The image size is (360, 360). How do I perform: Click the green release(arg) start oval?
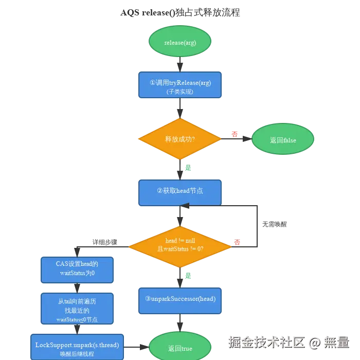(x=179, y=42)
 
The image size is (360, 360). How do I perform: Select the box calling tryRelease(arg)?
(x=179, y=85)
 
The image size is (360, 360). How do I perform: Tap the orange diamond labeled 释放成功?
(x=179, y=139)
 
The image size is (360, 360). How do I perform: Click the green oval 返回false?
(x=282, y=140)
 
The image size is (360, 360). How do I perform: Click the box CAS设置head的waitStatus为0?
(x=77, y=269)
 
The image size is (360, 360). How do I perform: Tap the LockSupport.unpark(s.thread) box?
(x=77, y=347)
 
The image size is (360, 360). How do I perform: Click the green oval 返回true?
(x=179, y=348)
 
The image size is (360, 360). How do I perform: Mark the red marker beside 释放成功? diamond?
(x=235, y=134)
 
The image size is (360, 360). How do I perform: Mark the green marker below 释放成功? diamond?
(x=188, y=168)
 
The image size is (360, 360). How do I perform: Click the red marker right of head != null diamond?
(x=238, y=242)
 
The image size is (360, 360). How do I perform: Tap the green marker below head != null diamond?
(x=188, y=276)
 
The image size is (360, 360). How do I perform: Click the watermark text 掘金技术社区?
(x=266, y=341)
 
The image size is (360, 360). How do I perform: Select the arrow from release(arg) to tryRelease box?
(x=179, y=64)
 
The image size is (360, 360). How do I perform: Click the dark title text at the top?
(x=179, y=12)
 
